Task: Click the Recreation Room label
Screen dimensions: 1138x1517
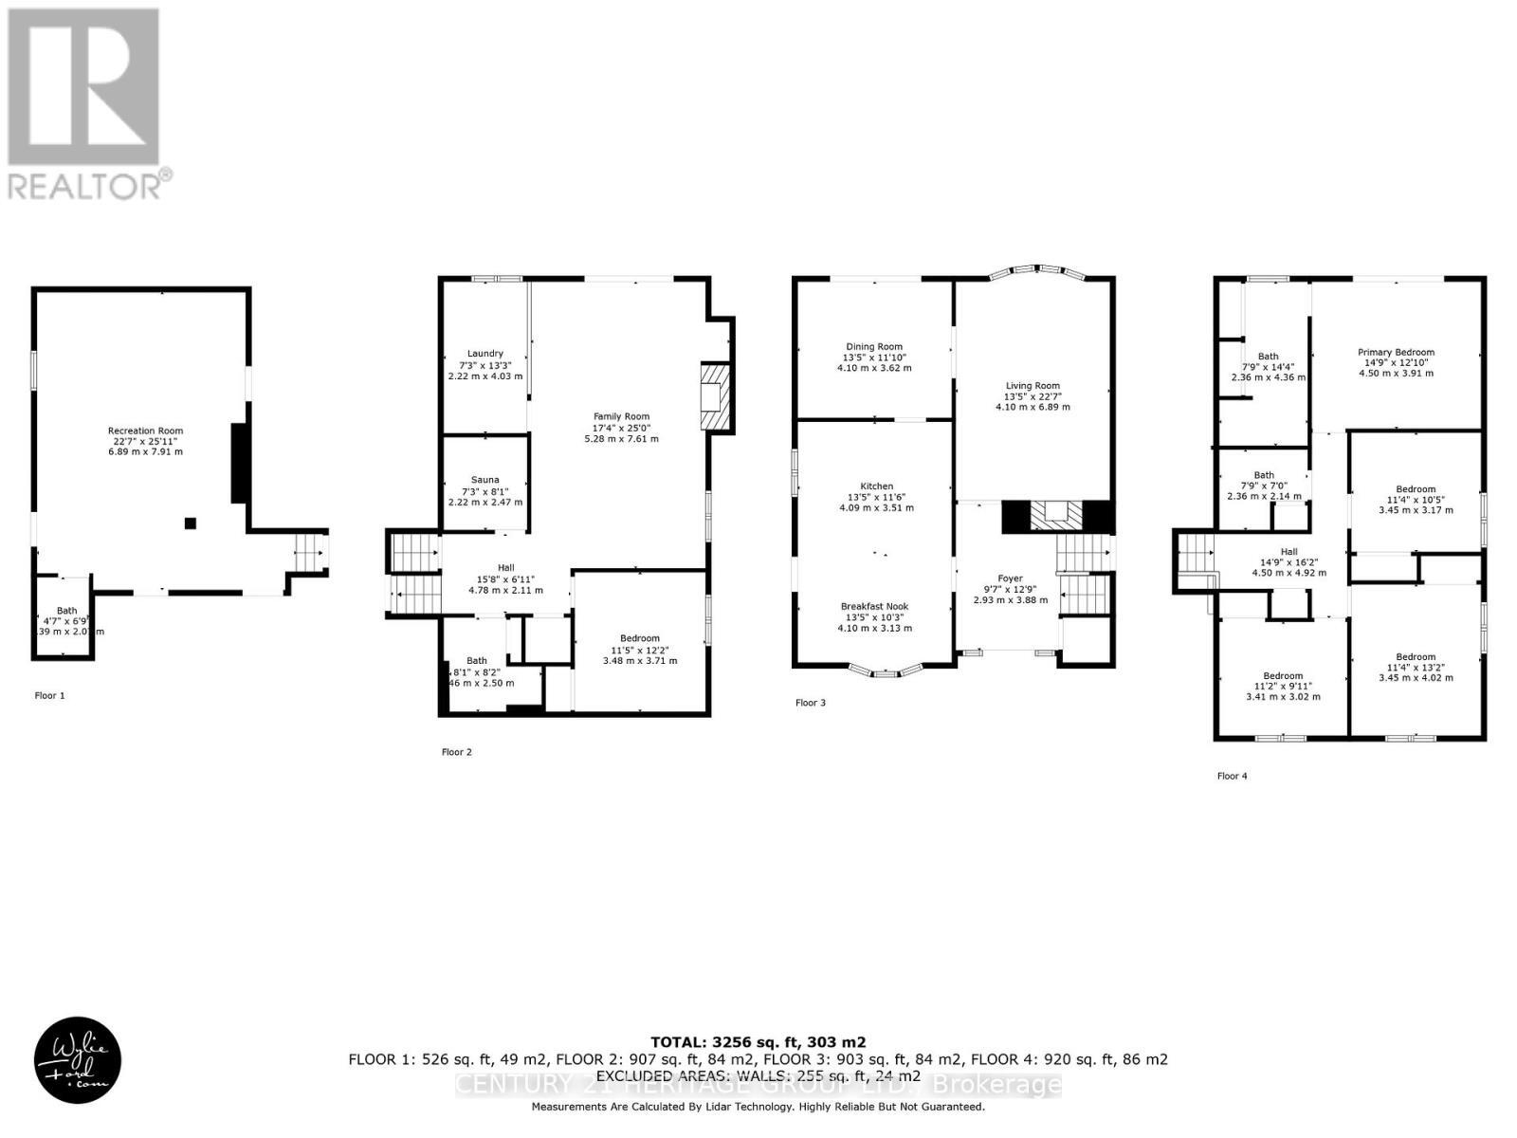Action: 145,431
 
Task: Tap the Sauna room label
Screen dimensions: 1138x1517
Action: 484,480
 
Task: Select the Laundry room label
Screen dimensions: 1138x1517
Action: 484,354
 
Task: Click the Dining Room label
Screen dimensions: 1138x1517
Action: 873,347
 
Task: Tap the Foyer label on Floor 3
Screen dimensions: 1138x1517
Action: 1010,578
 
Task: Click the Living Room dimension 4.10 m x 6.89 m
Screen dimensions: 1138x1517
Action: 1032,407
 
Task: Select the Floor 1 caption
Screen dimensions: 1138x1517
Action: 50,695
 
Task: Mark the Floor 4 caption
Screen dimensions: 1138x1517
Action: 1232,776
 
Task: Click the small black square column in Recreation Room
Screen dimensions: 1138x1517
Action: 191,523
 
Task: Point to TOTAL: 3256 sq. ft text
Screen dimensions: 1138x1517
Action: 758,1041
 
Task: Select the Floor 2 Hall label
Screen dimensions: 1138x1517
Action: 505,568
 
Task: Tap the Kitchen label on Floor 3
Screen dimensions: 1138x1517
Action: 876,486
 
